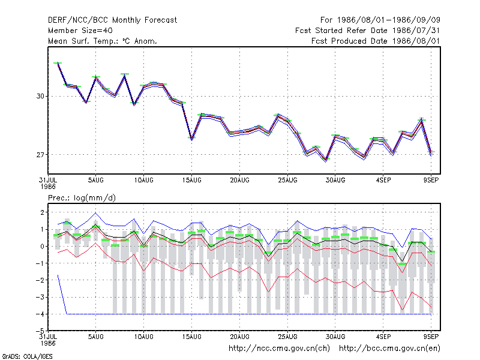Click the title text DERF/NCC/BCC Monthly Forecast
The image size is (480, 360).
coord(112,20)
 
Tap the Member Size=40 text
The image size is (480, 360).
coord(80,31)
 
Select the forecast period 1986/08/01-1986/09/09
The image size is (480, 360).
coord(388,20)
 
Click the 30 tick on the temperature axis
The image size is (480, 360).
coord(40,96)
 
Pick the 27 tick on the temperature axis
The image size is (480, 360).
coord(40,155)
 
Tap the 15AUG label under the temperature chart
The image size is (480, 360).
coord(191,180)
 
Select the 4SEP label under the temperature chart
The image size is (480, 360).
coord(383,180)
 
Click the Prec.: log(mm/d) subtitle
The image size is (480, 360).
coord(82,198)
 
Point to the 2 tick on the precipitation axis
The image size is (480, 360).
coord(42,212)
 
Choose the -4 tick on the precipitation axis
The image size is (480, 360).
coord(40,314)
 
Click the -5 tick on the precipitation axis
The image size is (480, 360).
coord(40,331)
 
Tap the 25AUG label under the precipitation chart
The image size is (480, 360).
coord(287,337)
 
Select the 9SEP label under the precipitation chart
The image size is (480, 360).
coord(431,337)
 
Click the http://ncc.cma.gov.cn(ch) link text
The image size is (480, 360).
coord(279,349)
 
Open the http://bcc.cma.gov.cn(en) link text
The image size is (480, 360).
coord(389,349)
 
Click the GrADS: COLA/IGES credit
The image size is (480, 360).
coord(27,356)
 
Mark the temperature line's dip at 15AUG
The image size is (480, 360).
coord(191,139)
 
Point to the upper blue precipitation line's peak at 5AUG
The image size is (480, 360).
coord(95,213)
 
